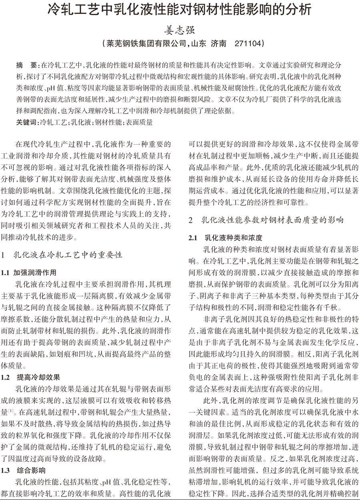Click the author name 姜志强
180,29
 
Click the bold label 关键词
26,122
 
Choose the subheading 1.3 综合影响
31,470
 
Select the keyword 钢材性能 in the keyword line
108,122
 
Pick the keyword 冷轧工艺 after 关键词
52,122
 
